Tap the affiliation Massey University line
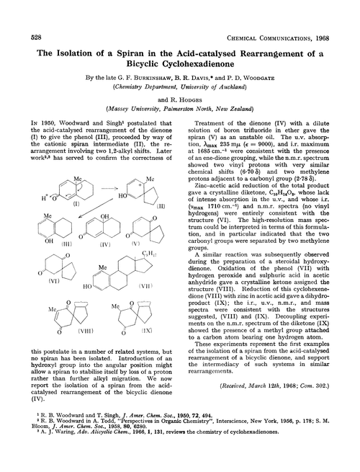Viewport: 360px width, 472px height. click(x=180, y=109)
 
